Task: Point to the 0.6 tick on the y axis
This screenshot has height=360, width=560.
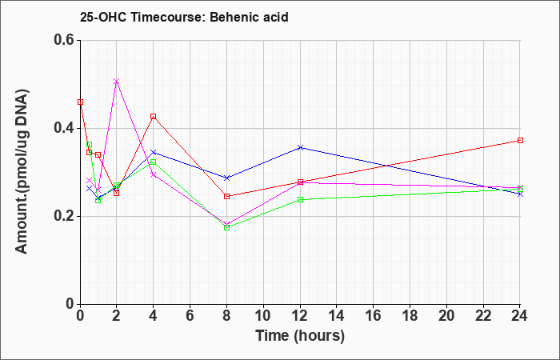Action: pyautogui.click(x=66, y=40)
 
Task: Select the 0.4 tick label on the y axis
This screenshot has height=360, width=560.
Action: pyautogui.click(x=66, y=128)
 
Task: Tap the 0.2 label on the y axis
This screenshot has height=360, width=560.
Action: pyautogui.click(x=66, y=216)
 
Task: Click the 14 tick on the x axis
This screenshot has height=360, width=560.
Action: pyautogui.click(x=337, y=316)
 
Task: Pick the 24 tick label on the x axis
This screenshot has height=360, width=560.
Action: pyautogui.click(x=519, y=316)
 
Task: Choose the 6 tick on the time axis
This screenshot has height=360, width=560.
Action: pyautogui.click(x=190, y=316)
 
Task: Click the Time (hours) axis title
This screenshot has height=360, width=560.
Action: pyautogui.click(x=300, y=336)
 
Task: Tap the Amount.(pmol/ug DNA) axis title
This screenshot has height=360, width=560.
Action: pyautogui.click(x=22, y=171)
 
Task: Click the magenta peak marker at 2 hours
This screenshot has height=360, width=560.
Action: pyautogui.click(x=117, y=82)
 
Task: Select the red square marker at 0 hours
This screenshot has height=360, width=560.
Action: pyautogui.click(x=80, y=102)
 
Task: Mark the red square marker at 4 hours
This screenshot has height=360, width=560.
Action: pyautogui.click(x=154, y=117)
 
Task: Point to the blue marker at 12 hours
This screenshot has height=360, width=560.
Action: pyautogui.click(x=300, y=147)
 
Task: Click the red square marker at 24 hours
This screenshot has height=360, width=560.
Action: pyautogui.click(x=520, y=140)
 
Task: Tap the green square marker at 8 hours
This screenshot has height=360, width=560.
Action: pyautogui.click(x=226, y=227)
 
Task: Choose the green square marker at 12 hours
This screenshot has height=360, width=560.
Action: pyautogui.click(x=300, y=200)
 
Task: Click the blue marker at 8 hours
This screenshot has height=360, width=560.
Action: pyautogui.click(x=226, y=178)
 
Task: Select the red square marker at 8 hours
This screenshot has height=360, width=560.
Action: pyautogui.click(x=226, y=197)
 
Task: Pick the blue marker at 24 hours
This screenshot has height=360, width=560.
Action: pyautogui.click(x=520, y=194)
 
